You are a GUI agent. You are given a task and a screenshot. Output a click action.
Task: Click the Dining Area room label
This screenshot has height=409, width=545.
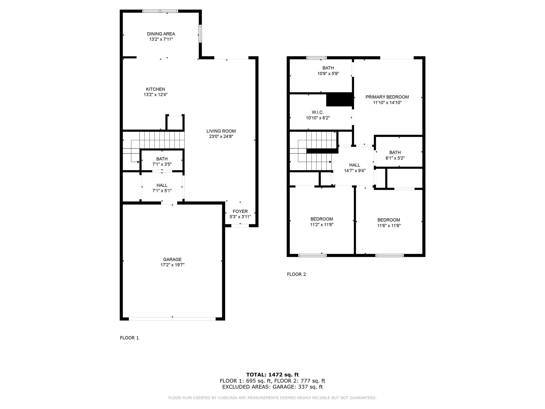161,34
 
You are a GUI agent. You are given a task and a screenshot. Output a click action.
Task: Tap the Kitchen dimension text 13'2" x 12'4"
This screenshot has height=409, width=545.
155,95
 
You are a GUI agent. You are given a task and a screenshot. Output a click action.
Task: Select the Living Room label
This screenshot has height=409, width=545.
221,131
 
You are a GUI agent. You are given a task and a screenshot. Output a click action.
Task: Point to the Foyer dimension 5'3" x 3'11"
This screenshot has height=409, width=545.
240,217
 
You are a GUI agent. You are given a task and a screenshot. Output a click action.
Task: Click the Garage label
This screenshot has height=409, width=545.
172,259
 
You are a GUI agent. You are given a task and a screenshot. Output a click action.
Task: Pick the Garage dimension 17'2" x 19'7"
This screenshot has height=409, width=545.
172,265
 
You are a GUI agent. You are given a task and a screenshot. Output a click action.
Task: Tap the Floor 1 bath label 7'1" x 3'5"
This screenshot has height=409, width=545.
162,164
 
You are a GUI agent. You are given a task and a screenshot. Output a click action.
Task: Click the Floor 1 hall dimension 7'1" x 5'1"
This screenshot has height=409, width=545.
162,191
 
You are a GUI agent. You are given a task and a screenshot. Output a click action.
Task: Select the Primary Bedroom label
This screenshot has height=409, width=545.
387,97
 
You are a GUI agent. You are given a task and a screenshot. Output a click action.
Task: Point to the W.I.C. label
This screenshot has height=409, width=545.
318,112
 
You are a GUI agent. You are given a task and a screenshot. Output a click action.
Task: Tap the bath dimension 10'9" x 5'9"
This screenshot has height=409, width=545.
328,73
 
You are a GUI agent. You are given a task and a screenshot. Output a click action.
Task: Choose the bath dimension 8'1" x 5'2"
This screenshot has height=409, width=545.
395,158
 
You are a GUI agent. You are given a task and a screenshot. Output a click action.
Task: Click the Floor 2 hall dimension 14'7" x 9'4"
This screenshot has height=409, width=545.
355,171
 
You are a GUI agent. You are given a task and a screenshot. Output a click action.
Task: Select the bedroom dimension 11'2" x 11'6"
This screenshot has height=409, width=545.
322,224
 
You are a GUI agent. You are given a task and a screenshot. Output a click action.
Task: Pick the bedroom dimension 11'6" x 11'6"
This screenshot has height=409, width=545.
389,226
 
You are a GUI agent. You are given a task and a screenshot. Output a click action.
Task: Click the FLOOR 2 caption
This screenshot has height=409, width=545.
296,274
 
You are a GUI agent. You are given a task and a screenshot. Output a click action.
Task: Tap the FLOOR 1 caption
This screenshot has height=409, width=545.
129,338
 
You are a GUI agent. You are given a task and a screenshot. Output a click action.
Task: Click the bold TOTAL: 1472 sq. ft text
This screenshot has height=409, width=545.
272,375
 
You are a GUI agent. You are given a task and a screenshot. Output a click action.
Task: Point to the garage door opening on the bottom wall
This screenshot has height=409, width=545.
172,319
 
